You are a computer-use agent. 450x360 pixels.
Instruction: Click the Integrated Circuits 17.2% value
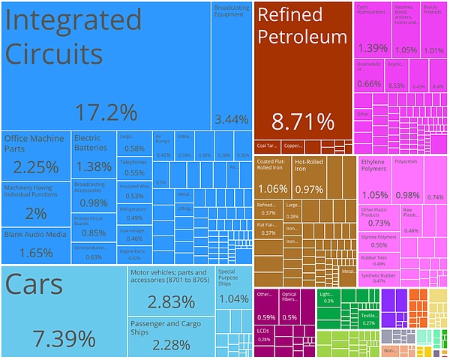point(106,112)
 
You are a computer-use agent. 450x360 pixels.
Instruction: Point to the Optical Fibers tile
point(289,307)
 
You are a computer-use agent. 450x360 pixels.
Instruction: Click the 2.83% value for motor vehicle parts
point(171,301)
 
